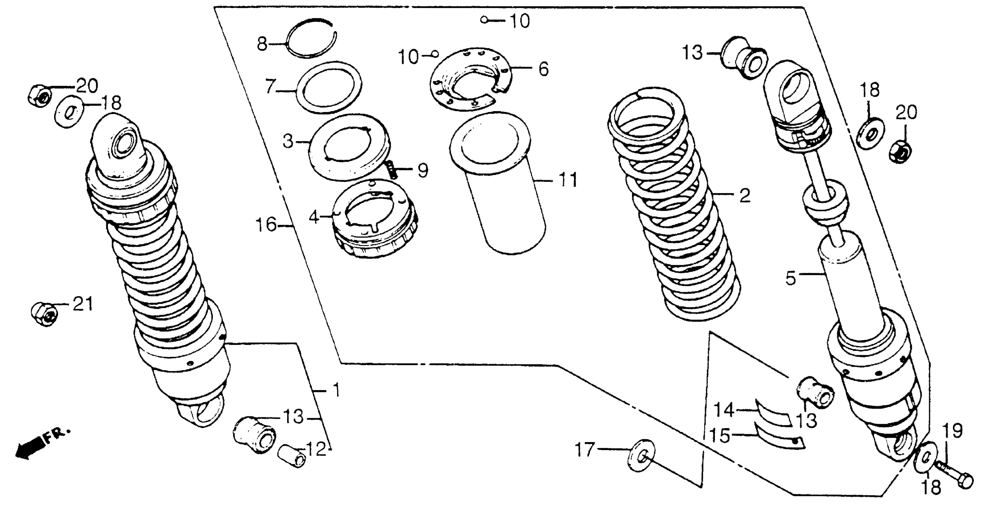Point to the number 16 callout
coord(266,225)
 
